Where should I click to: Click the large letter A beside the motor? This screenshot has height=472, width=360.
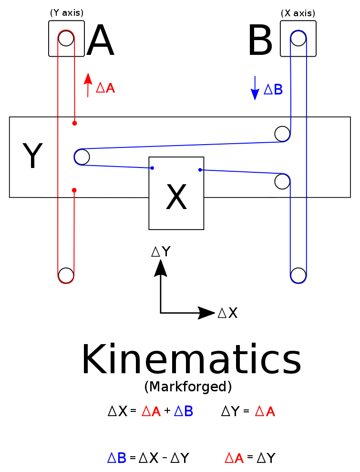[100, 41]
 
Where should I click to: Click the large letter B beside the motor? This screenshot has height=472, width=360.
[260, 41]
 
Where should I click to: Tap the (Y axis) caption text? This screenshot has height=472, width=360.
[67, 13]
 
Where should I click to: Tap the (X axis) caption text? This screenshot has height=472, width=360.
[298, 13]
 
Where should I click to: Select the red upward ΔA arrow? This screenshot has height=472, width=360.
[88, 85]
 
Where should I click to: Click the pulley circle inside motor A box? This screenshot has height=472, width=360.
[66, 38]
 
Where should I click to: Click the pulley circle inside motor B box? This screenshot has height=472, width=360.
[298, 38]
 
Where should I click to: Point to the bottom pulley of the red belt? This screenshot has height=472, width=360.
[66, 275]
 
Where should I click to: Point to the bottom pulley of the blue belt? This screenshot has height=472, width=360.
[298, 275]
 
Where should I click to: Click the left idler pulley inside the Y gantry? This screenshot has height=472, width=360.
[82, 157]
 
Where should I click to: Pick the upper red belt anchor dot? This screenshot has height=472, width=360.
[74, 123]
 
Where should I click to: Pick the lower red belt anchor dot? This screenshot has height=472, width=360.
[74, 190]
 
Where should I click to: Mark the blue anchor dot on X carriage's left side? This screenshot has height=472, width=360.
[152, 168]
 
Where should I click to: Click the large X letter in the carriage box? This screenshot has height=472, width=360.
[176, 198]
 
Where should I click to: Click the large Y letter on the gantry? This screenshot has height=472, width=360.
[32, 157]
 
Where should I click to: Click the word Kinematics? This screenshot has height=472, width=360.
[191, 361]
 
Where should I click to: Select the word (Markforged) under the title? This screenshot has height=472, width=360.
[188, 387]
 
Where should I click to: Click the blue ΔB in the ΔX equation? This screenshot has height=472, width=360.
[183, 411]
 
